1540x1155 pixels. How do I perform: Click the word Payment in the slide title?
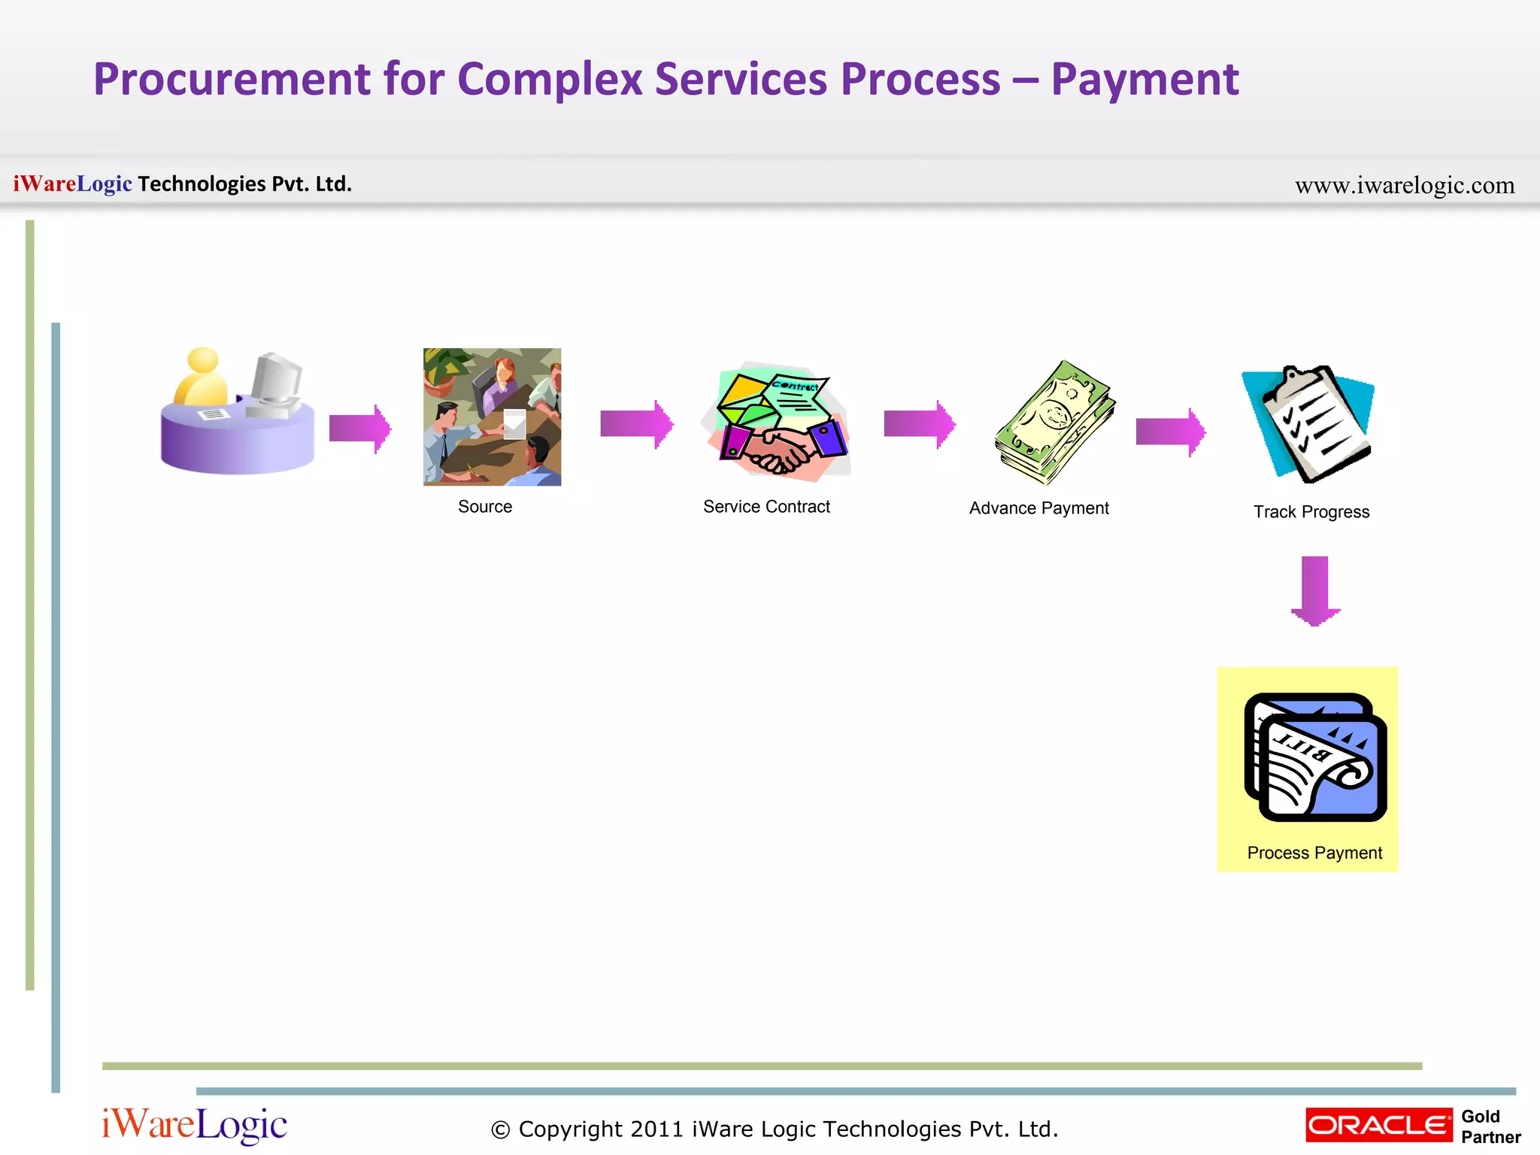coord(1144,80)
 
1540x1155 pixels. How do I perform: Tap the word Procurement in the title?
coord(232,80)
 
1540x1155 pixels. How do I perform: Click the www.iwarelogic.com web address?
coord(1404,185)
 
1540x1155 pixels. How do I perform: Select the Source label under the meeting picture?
coord(485,507)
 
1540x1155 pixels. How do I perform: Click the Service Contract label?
coord(766,507)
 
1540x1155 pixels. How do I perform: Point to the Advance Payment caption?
coord(1038,508)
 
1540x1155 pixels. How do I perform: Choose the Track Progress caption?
coord(1311,512)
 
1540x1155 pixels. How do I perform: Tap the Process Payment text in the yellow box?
coord(1314,853)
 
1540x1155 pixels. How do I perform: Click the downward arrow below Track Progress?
coord(1315,591)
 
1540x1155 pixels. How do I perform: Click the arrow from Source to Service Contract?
coord(636,424)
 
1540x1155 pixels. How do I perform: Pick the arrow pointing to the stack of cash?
coord(919,424)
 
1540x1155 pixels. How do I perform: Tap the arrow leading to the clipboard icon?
coord(1170,432)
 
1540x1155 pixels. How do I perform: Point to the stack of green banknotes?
coord(1055,423)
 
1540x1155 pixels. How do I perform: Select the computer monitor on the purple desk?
coord(276,380)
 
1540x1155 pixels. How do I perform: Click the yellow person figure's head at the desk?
coord(202,359)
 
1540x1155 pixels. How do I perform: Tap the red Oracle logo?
coord(1378,1125)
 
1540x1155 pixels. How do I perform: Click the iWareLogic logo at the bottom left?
coord(194,1125)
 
